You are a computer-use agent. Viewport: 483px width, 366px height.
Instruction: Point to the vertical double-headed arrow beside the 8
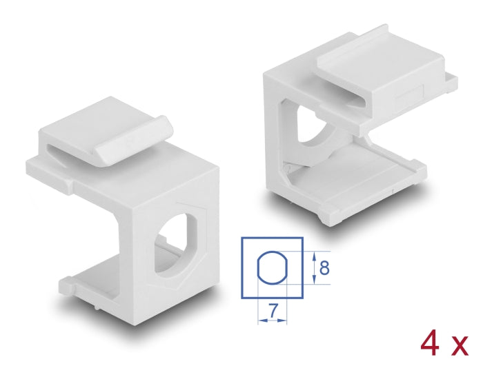(x=315, y=266)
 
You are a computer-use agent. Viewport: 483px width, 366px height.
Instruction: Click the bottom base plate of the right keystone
(x=366, y=193)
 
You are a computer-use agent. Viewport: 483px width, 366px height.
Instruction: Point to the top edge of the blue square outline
(x=272, y=238)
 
